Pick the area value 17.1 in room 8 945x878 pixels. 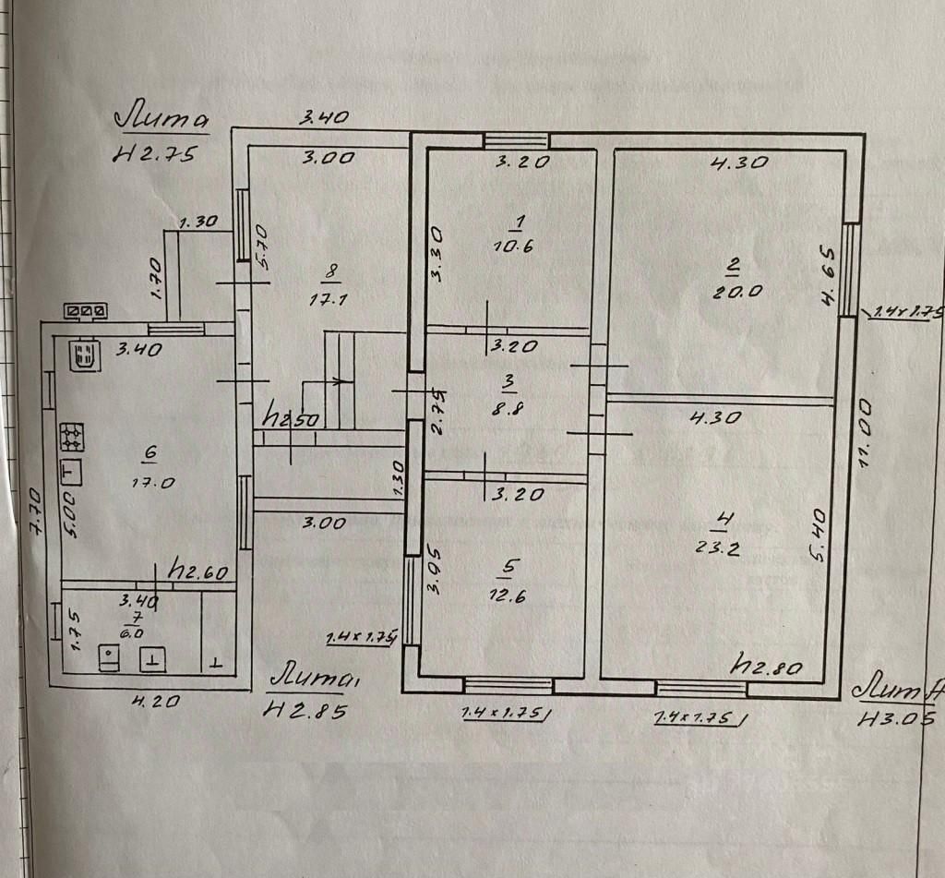point(329,299)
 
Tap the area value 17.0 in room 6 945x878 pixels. point(150,481)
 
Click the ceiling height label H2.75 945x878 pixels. point(154,155)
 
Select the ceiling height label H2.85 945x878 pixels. point(308,709)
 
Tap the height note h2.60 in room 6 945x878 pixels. point(199,572)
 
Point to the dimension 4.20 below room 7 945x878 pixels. point(154,701)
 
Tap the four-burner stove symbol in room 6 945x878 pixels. point(72,436)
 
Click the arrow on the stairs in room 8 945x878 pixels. point(338,379)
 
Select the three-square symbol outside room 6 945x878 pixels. point(85,312)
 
